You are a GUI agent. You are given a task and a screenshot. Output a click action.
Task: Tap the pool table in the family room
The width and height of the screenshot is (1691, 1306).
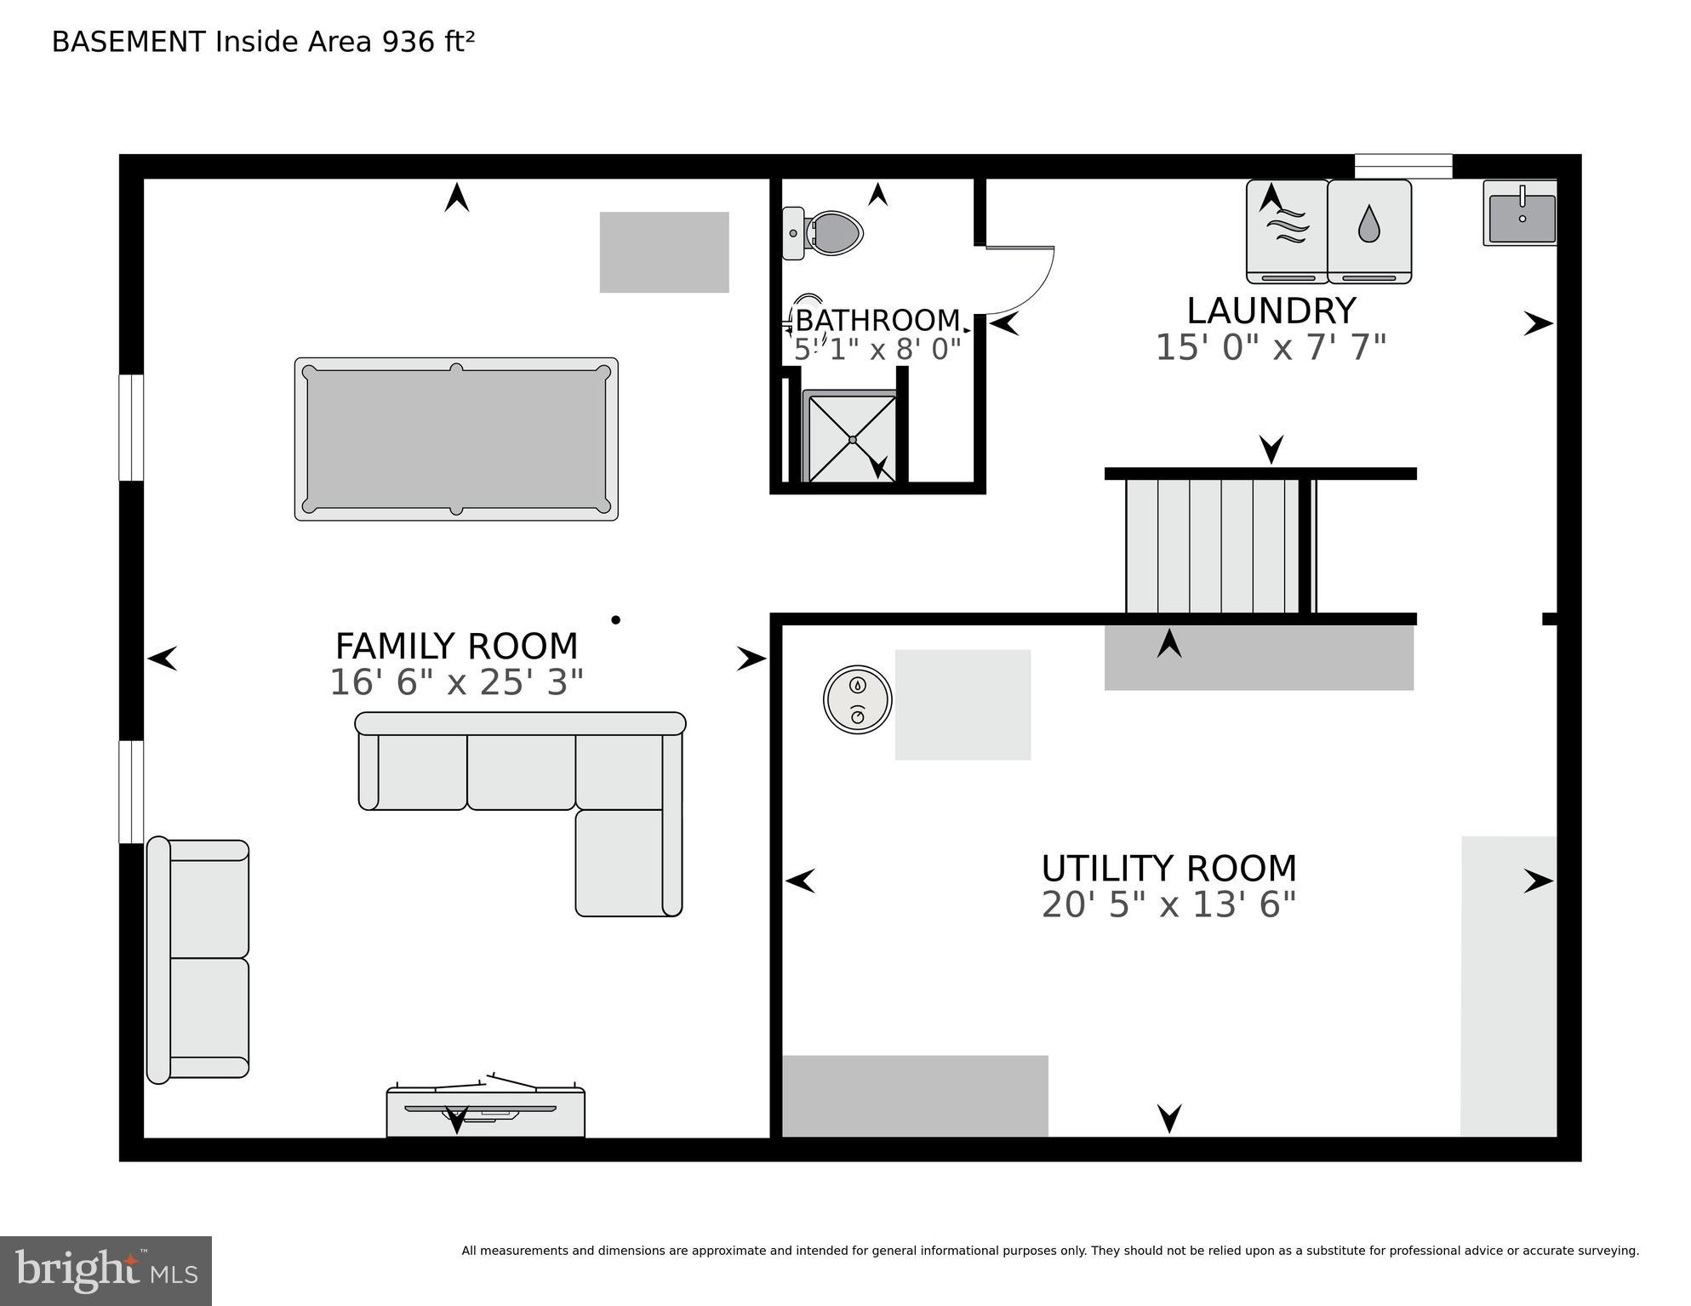point(456,439)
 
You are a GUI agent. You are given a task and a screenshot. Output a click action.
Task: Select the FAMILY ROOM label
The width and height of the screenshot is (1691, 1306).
point(456,647)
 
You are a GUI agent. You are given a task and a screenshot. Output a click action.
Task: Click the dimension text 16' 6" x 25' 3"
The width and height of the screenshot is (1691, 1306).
point(456,682)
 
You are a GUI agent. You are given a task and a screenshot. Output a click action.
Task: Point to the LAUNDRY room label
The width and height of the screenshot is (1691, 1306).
point(1271,311)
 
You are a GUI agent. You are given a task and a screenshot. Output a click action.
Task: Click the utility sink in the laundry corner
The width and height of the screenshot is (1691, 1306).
point(1521,214)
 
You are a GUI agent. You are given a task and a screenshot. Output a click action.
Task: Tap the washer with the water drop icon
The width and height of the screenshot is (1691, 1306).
point(1368,231)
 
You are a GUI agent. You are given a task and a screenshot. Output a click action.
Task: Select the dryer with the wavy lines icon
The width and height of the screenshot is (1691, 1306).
point(1287,231)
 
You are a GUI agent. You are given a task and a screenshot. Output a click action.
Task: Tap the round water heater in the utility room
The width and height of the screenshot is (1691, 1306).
point(857,699)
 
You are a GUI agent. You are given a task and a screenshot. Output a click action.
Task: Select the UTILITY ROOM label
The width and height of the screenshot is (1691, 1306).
point(1168,869)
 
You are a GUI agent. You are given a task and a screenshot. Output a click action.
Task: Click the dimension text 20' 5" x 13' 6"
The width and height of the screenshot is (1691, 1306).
point(1168,904)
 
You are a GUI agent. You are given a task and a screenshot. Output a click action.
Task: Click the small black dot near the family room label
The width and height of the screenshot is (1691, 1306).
point(615,619)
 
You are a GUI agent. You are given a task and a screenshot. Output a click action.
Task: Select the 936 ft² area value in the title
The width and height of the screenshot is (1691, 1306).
point(428,42)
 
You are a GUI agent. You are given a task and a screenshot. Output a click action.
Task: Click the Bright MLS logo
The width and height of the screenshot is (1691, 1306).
point(106,1270)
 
